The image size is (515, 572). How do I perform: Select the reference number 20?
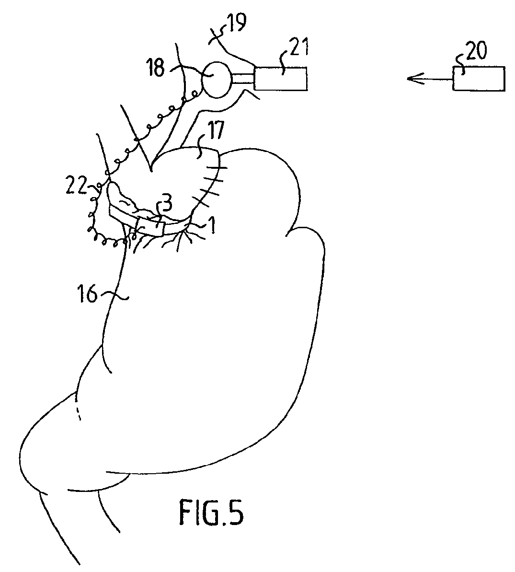[x=476, y=51]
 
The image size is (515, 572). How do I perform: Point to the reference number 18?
[x=156, y=68]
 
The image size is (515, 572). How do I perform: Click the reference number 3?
[x=166, y=204]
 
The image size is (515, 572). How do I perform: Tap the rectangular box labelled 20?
[x=479, y=79]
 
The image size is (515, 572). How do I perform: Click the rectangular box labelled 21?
[x=280, y=79]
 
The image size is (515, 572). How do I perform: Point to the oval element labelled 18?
[x=217, y=80]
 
